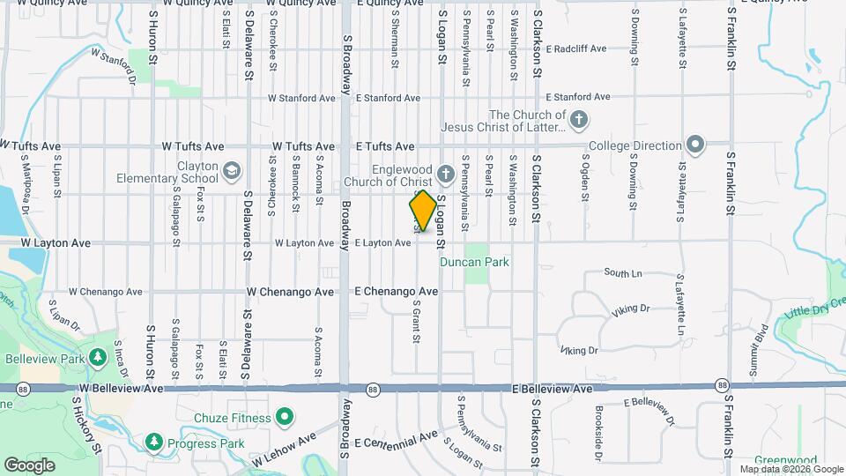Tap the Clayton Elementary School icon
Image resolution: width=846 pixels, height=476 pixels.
point(232,170)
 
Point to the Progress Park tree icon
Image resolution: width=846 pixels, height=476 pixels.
point(154,440)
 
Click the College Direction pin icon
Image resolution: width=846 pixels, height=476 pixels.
point(695,145)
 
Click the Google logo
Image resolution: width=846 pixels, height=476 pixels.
point(30,465)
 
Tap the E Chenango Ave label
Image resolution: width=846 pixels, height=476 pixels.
point(396,291)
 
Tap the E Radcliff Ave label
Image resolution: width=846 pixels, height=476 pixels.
point(576,49)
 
